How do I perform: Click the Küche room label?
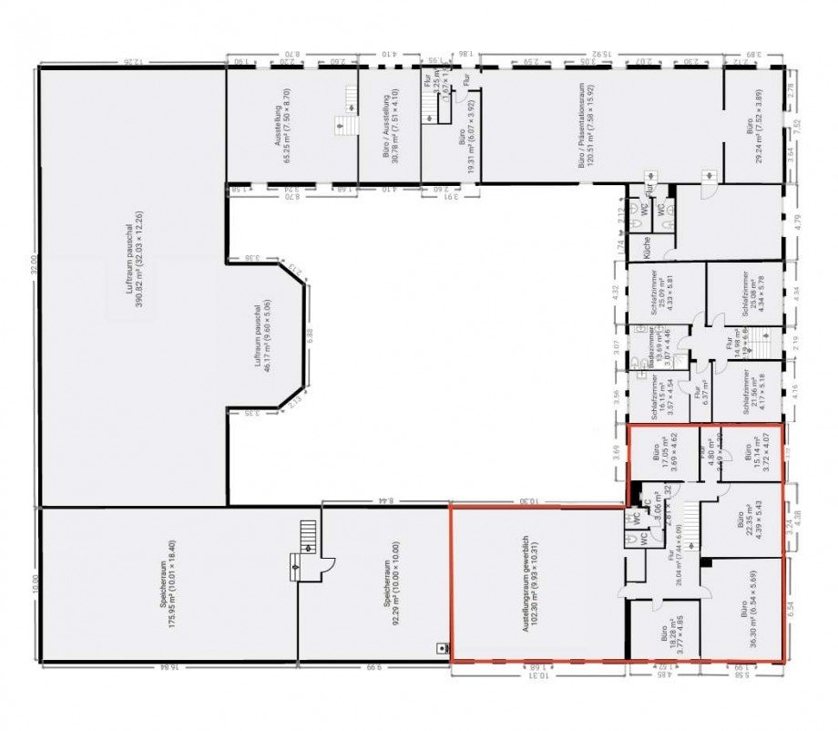(646, 246)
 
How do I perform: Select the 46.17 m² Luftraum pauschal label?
(263, 336)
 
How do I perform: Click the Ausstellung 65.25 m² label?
(283, 125)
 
